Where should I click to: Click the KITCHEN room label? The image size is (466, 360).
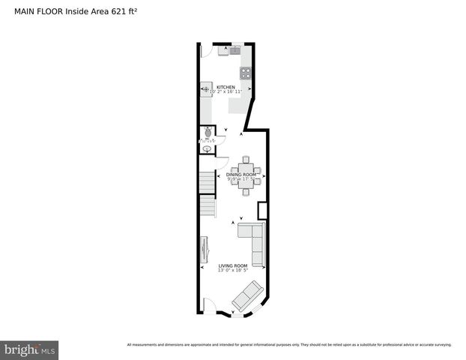226,87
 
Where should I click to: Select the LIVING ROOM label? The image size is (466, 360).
232,266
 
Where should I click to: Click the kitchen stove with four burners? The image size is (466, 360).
245,73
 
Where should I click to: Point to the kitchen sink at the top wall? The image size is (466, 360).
228,50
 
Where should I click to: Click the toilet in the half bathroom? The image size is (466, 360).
206,133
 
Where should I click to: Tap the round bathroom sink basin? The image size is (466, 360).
207,148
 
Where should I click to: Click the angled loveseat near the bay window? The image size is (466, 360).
247,296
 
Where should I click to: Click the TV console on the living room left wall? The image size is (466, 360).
205,253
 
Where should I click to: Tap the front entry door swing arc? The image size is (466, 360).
209,306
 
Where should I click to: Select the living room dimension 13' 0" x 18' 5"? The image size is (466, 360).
232,271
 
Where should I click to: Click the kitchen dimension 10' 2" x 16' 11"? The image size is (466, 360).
226,92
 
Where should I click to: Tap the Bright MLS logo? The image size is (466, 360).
29,349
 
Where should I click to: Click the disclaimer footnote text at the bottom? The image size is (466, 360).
289,344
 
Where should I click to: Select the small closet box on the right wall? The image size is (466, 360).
262,211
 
